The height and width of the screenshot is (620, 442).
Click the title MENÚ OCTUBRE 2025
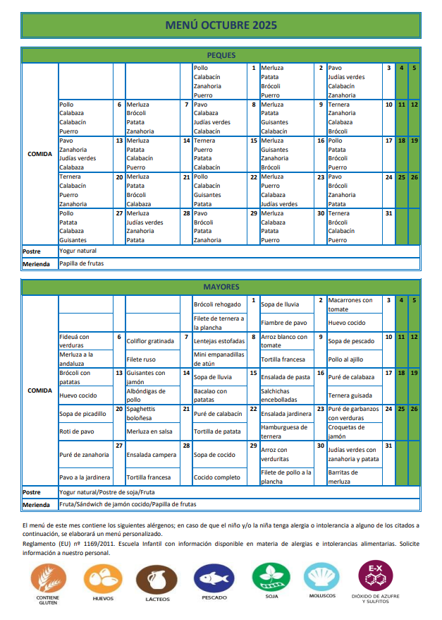click(221, 25)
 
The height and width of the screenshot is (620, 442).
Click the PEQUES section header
click(221, 55)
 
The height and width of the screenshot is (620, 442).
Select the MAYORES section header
click(221, 287)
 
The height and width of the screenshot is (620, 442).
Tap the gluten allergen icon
click(47, 580)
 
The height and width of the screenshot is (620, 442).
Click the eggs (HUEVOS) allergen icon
click(103, 580)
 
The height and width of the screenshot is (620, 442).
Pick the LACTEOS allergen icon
click(156, 580)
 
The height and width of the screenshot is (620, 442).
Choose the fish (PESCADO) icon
click(214, 580)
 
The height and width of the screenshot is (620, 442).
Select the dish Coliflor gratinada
click(150, 341)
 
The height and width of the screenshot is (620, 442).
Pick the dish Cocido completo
click(216, 477)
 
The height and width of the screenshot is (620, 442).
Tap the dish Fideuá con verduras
click(75, 341)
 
